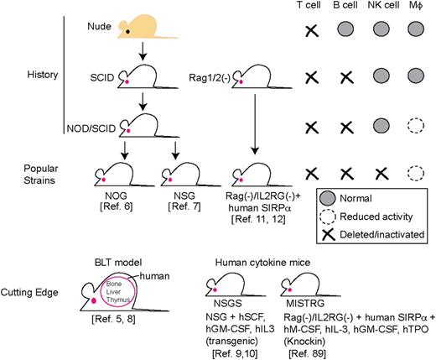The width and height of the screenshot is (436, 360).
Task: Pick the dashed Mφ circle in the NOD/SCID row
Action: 418,131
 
